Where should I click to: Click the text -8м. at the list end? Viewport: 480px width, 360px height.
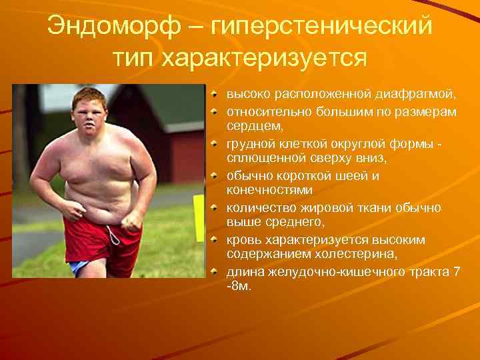tap(237, 287)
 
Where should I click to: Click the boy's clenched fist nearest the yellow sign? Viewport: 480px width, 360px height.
tap(135, 220)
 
